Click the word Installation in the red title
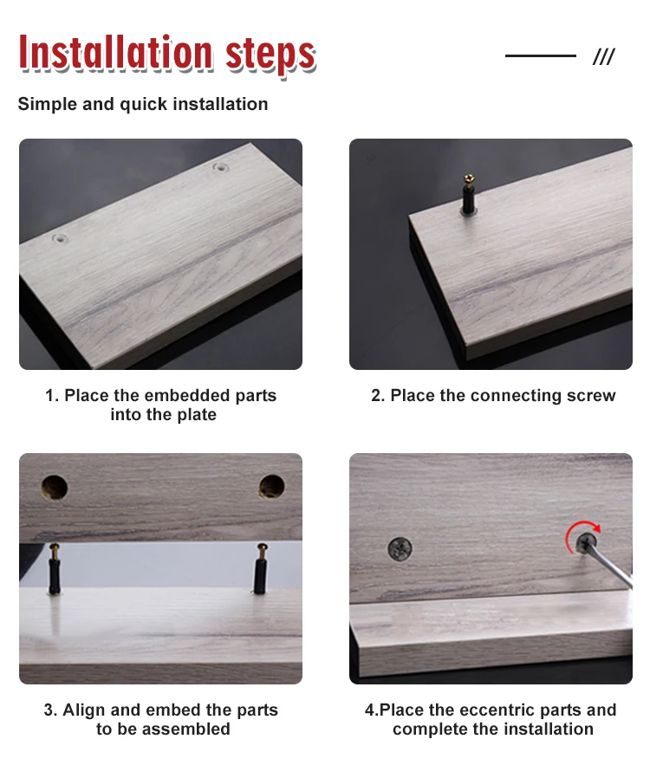click(x=115, y=52)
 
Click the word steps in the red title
click(x=270, y=55)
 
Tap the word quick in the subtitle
click(x=143, y=105)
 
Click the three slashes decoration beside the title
click(x=604, y=56)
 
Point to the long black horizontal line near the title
click(x=540, y=55)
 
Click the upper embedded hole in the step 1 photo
click(x=220, y=167)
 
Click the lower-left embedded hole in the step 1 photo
click(x=60, y=238)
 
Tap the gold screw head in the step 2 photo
click(x=468, y=179)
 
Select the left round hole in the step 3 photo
click(x=55, y=487)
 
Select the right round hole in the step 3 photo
click(x=272, y=487)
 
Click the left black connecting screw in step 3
click(x=54, y=568)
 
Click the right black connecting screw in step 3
click(x=261, y=568)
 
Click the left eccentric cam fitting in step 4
click(x=400, y=550)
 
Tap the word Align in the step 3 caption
click(x=84, y=710)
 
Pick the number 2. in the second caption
click(x=378, y=395)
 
